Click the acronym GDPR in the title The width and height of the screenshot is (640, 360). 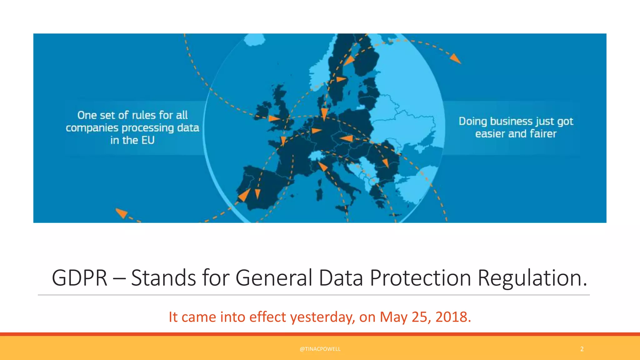79,277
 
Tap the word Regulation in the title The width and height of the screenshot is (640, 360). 532,277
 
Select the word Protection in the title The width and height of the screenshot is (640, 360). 420,277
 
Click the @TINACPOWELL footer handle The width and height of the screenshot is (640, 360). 320,349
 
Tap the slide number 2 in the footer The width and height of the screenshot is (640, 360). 582,349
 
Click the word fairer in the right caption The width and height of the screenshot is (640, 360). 543,134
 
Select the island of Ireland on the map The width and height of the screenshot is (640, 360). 263,109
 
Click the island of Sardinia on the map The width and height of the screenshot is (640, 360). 319,194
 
